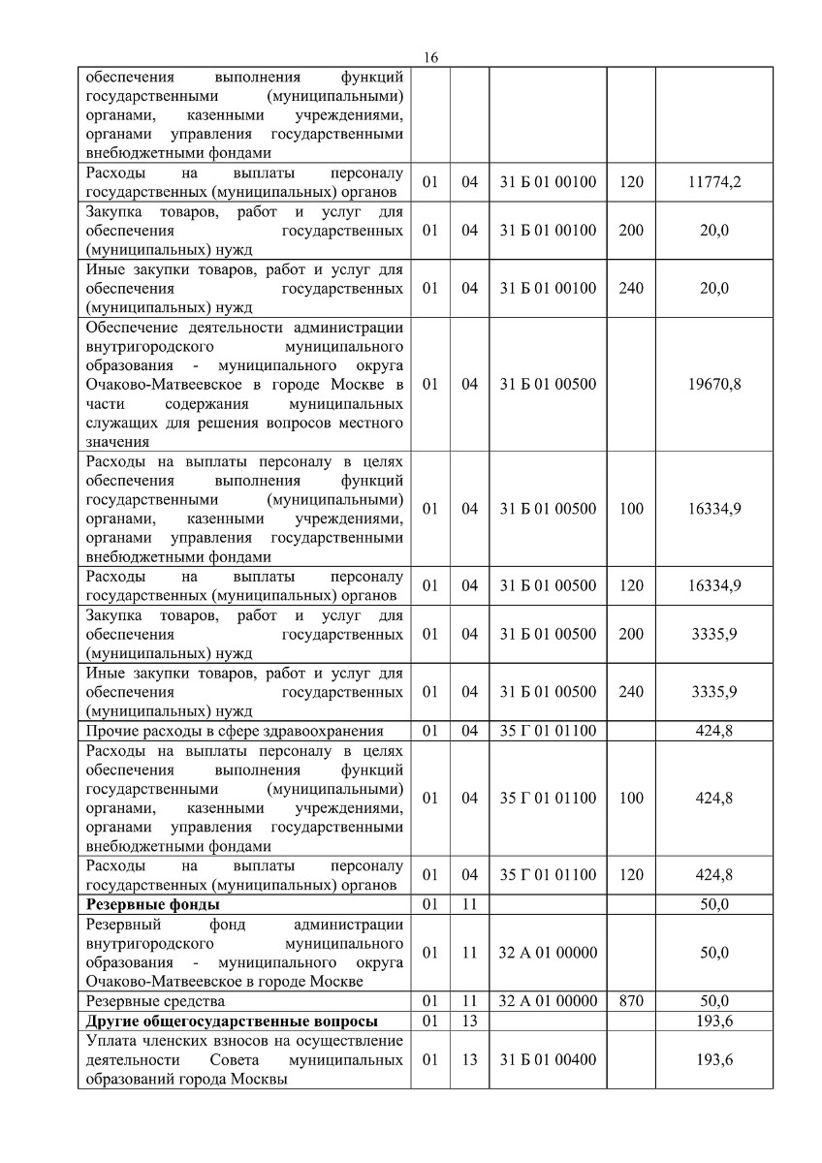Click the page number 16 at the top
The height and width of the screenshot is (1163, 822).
pyautogui.click(x=431, y=58)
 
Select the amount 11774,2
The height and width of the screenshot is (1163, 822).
pyautogui.click(x=714, y=180)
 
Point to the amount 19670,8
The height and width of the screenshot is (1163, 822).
pyautogui.click(x=714, y=384)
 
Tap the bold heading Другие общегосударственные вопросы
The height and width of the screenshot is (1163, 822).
pyautogui.click(x=232, y=1022)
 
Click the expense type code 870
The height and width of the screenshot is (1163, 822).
pyautogui.click(x=630, y=1001)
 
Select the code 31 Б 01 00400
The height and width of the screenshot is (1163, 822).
pyautogui.click(x=548, y=1060)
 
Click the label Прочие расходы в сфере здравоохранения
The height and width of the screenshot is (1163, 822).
pyautogui.click(x=235, y=731)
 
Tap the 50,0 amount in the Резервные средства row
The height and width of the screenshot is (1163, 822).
pyautogui.click(x=714, y=1001)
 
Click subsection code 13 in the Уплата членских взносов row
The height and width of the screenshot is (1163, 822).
pyautogui.click(x=470, y=1060)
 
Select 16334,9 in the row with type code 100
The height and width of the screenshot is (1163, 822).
pyautogui.click(x=714, y=509)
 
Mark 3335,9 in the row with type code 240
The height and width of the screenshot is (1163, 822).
pyautogui.click(x=714, y=692)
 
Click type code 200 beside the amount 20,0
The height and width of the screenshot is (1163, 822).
pyautogui.click(x=630, y=230)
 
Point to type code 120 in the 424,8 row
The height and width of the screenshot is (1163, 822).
pyautogui.click(x=630, y=875)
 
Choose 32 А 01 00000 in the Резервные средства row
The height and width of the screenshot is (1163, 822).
pyautogui.click(x=548, y=1001)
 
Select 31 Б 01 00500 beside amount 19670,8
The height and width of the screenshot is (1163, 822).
pyautogui.click(x=548, y=384)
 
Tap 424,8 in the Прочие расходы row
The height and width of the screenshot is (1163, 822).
pyautogui.click(x=714, y=731)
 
